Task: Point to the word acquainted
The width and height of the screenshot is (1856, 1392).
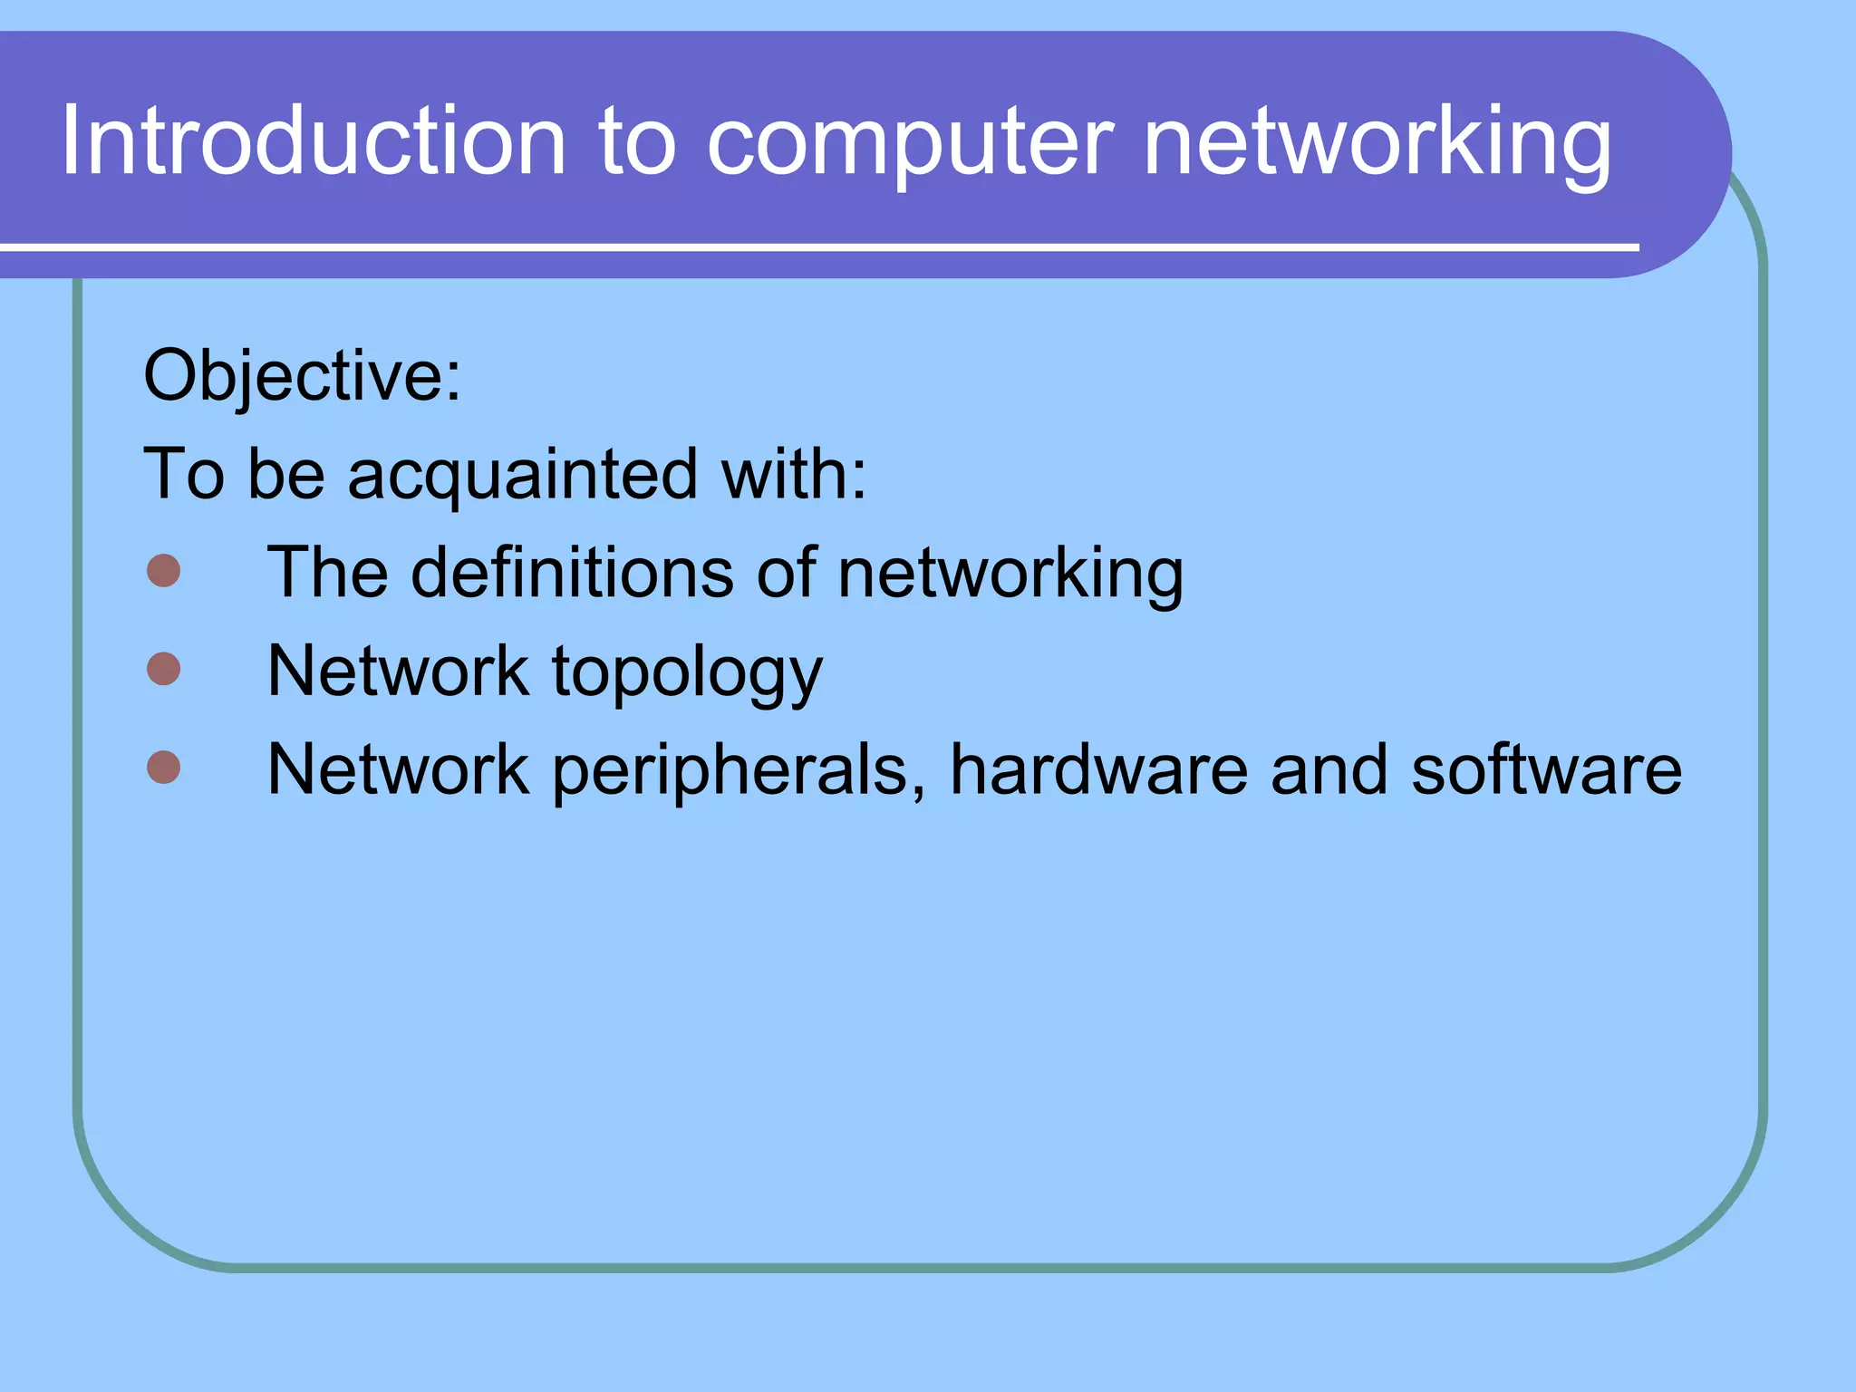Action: [x=523, y=475]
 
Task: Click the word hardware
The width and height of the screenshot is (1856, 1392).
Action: [x=1099, y=770]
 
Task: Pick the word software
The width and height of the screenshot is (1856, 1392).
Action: [x=1546, y=770]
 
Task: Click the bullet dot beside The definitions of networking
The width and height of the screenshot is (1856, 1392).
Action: [x=164, y=571]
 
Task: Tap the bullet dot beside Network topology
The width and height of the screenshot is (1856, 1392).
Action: [x=164, y=669]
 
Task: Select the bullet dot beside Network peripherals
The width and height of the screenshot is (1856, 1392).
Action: [x=164, y=767]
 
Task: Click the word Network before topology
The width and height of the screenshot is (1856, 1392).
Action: [x=398, y=672]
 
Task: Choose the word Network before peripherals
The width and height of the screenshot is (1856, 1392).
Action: [x=398, y=770]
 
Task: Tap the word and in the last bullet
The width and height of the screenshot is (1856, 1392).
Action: [x=1329, y=770]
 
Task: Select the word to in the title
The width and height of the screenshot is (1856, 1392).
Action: [x=636, y=143]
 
